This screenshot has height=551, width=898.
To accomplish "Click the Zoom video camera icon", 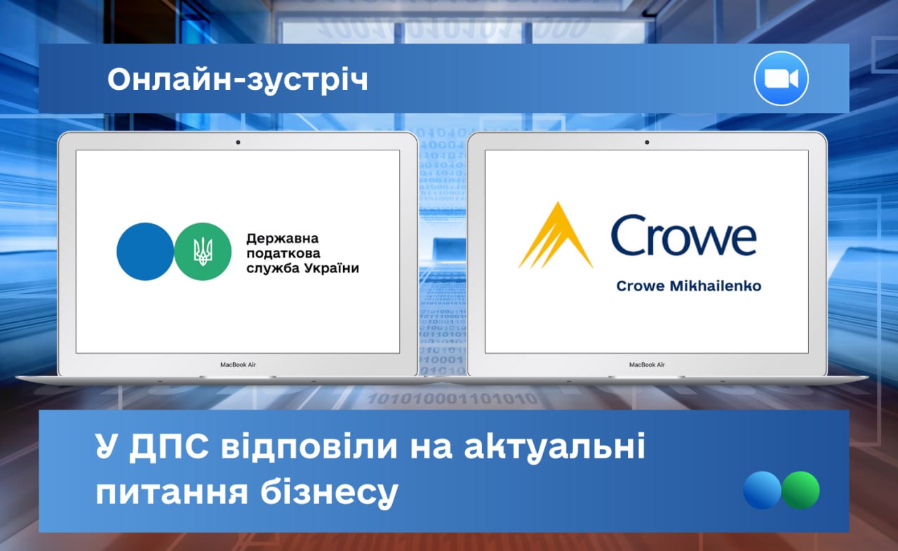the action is [781, 79].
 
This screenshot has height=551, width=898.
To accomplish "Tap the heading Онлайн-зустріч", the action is [238, 80].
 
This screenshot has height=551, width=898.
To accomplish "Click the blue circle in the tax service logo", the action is [145, 251].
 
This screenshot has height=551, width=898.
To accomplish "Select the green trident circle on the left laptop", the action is [203, 251].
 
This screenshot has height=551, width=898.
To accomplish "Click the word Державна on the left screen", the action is [283, 239].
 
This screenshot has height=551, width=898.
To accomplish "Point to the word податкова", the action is [283, 254].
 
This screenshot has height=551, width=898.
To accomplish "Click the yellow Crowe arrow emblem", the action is [556, 235].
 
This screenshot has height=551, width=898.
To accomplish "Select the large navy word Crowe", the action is [683, 235].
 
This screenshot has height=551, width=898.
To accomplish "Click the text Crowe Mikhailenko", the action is [689, 286].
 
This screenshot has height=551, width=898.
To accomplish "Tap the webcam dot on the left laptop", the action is [238, 142].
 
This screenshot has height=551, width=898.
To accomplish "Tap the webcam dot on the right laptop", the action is [647, 142].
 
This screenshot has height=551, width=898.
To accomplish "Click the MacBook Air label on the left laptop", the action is [238, 364].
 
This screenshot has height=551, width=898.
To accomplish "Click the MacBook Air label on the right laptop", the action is [647, 364].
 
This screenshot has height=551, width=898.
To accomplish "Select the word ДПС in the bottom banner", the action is [169, 446].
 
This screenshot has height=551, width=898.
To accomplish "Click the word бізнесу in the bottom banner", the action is [329, 493].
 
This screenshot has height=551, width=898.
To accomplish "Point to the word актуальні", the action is [555, 446].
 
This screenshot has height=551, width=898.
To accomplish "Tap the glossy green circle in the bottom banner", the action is [800, 490].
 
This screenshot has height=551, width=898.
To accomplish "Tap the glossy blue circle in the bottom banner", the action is [762, 490].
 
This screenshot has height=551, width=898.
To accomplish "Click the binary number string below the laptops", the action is [453, 399].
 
